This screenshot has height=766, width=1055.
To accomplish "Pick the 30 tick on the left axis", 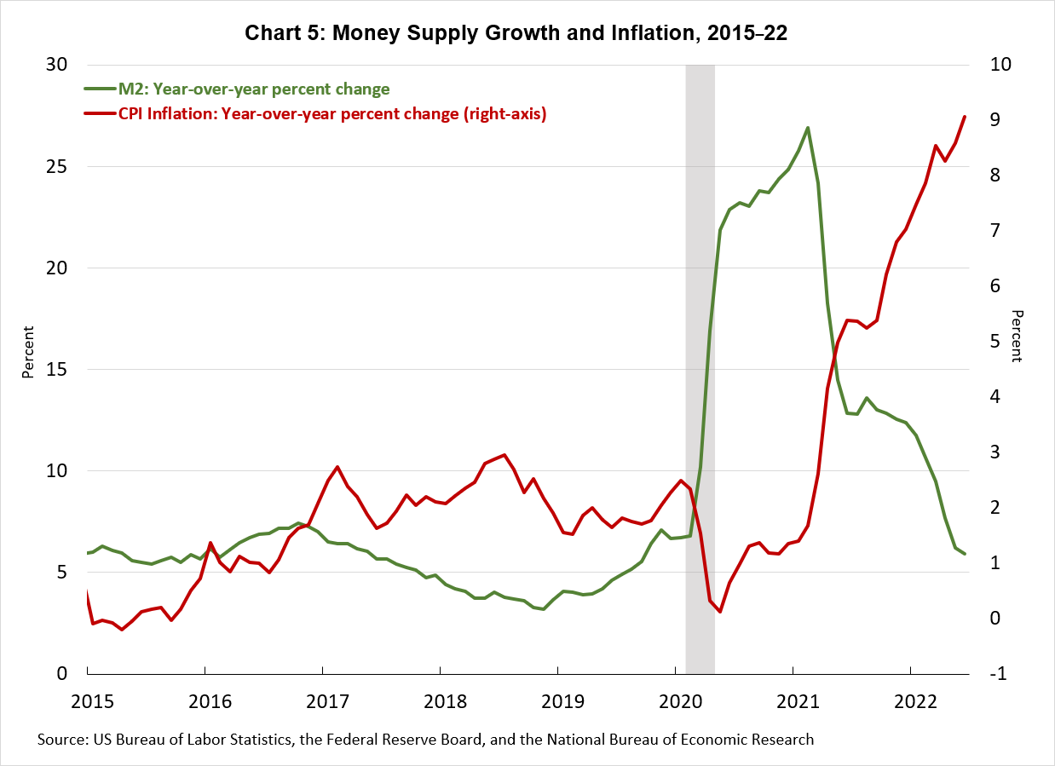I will (x=68, y=65).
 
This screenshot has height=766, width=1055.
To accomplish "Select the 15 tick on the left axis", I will (x=68, y=370).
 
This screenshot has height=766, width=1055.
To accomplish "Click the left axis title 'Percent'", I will (x=28, y=351).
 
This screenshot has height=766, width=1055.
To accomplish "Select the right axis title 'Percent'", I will (x=1016, y=336).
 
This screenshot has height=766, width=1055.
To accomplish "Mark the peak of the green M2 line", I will (x=807, y=128).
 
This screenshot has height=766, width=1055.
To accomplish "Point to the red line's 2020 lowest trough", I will (x=719, y=611).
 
